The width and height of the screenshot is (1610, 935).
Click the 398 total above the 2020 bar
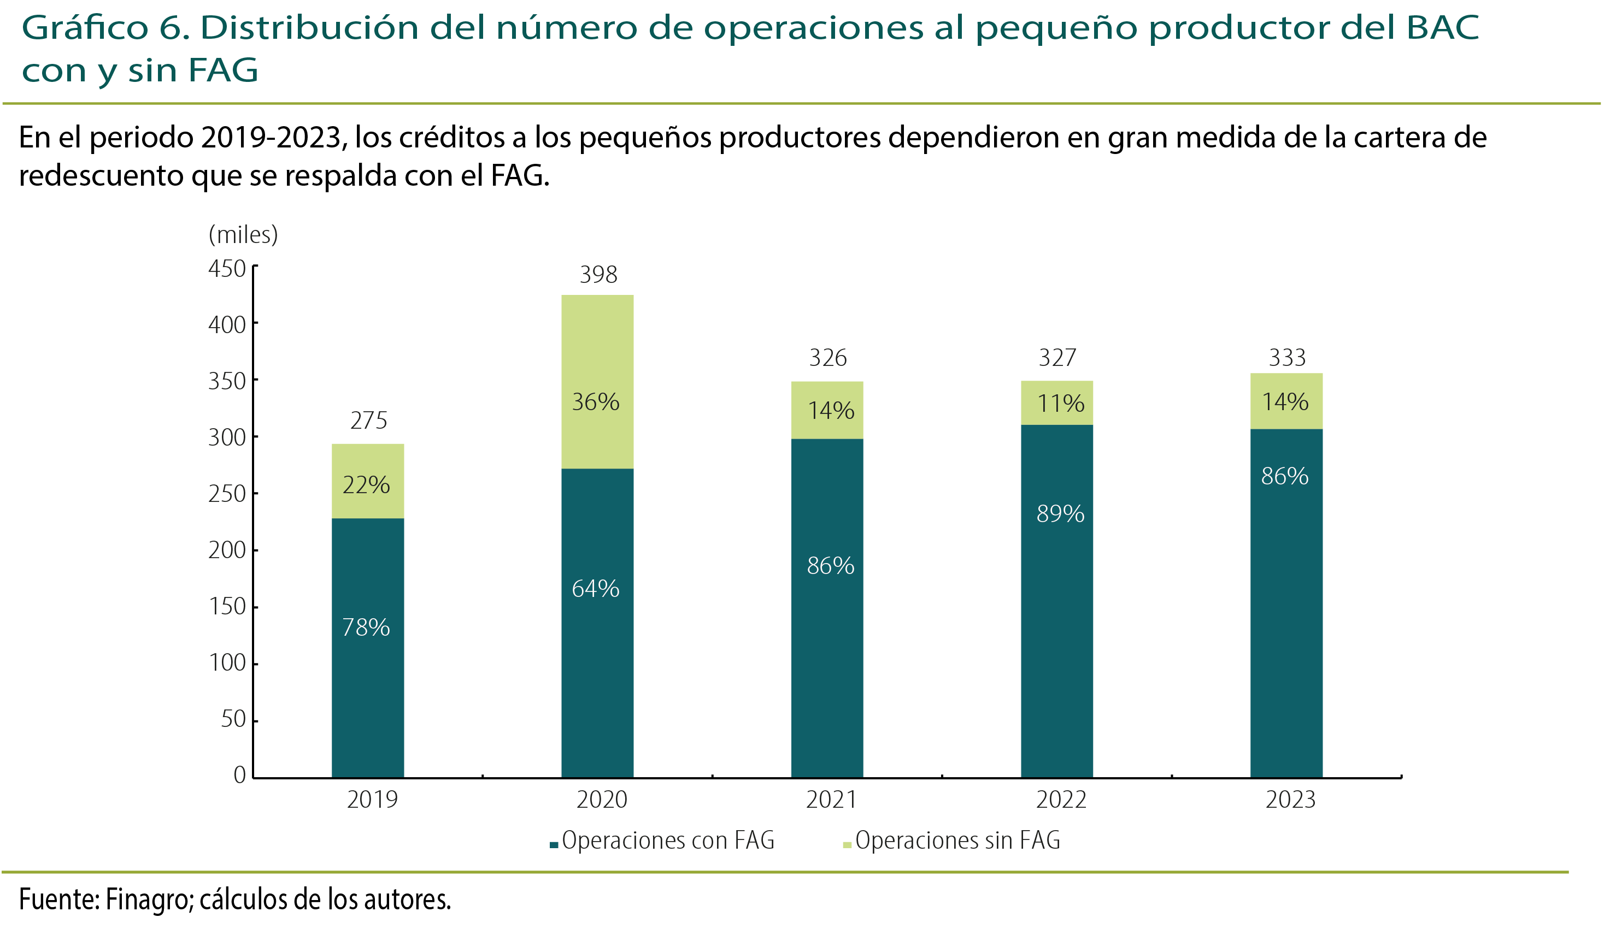click(x=598, y=275)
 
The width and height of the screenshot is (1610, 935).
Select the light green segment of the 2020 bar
click(x=597, y=358)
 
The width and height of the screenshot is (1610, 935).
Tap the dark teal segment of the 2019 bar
click(x=368, y=690)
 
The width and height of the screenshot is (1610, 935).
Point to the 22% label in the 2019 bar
click(x=366, y=486)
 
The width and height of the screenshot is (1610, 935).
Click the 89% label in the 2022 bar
click(x=1060, y=514)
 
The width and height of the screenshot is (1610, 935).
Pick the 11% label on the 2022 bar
click(x=1060, y=404)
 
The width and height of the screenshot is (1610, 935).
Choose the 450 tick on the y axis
click(x=227, y=269)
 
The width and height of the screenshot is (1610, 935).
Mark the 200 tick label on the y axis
click(x=227, y=551)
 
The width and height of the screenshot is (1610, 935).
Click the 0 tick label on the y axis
click(x=239, y=776)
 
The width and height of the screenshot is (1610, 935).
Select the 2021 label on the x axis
click(x=831, y=800)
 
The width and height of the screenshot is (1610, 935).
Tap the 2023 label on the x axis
click(x=1290, y=800)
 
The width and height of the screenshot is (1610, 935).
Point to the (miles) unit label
click(x=243, y=235)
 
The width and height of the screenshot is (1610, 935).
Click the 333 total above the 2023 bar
click(x=1286, y=358)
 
